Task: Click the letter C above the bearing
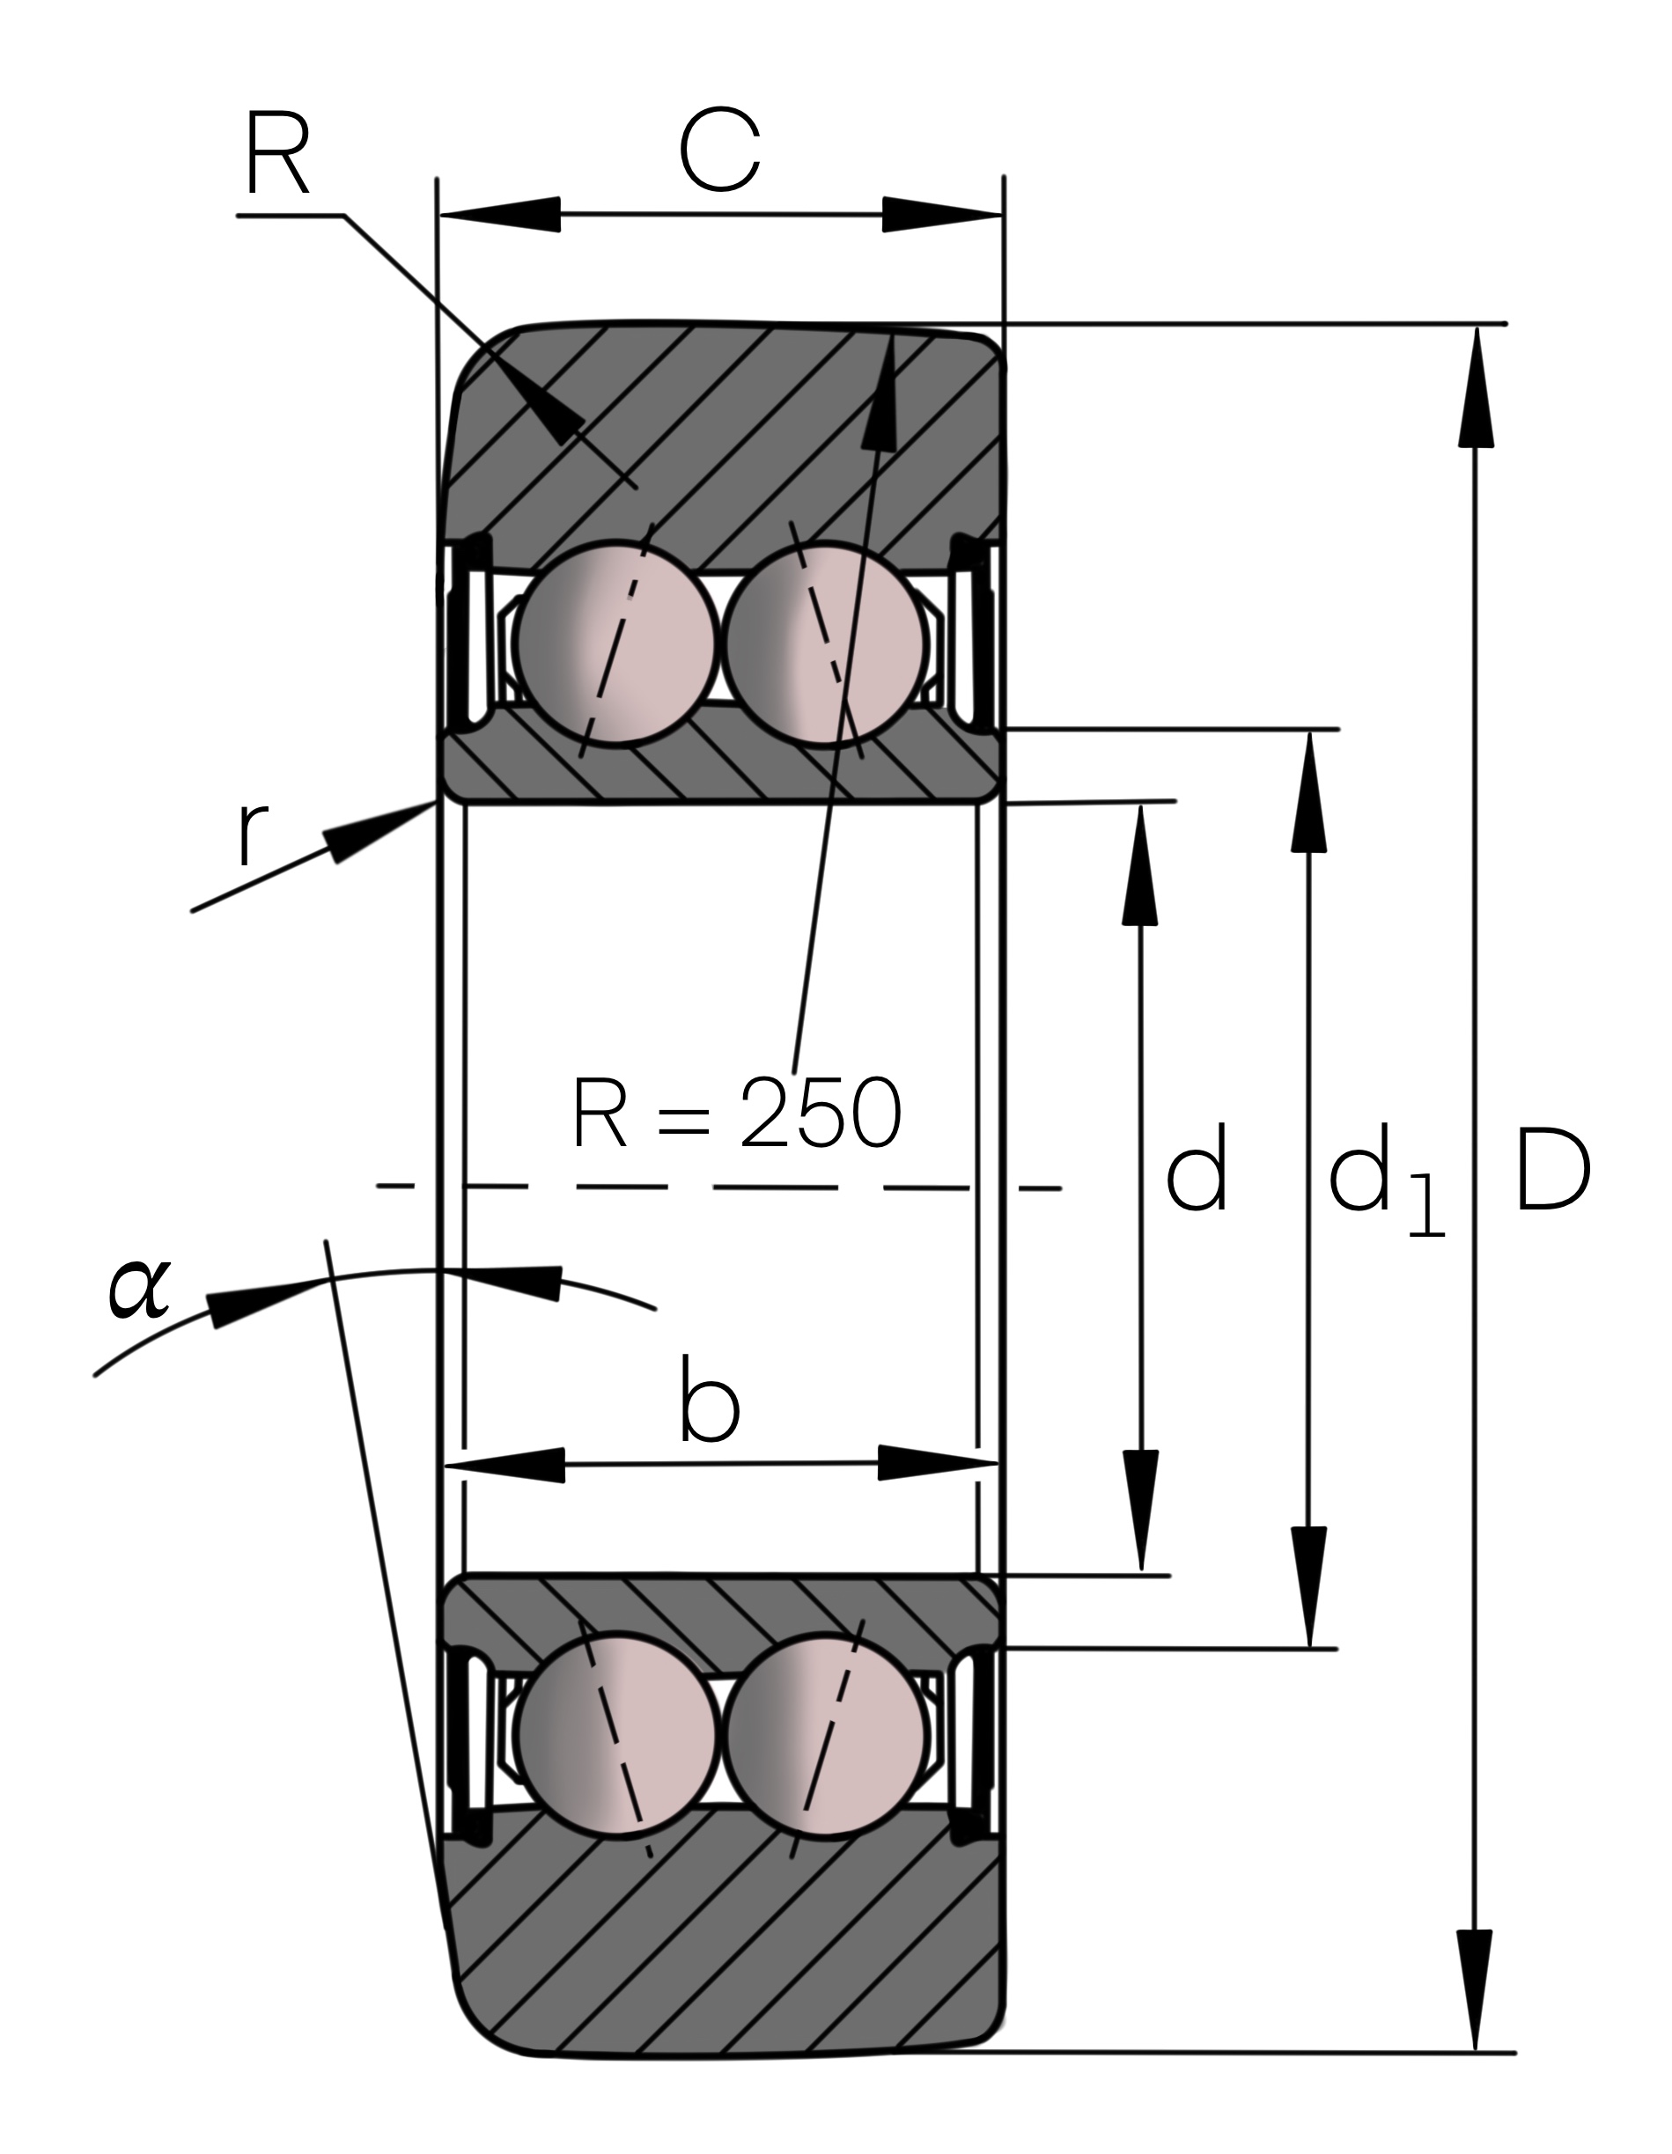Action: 719,151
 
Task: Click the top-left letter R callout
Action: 277,154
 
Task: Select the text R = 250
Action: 737,1113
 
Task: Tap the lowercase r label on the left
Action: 254,834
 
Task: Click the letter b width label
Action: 710,1400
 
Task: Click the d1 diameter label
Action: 1384,1179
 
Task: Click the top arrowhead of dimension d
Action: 1140,865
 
